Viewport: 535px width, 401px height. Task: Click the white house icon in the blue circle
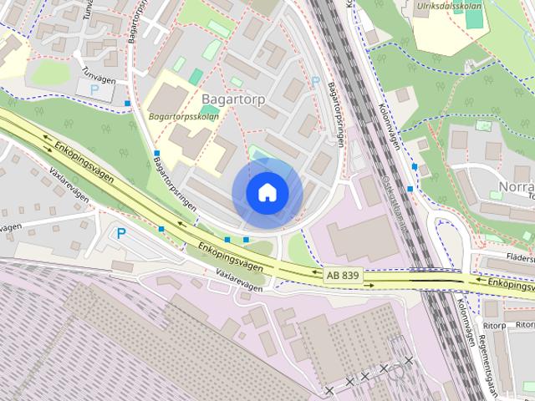pyautogui.click(x=267, y=193)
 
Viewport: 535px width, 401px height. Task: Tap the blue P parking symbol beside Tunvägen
pyautogui.click(x=94, y=88)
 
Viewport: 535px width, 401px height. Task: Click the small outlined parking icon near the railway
pyautogui.click(x=316, y=81)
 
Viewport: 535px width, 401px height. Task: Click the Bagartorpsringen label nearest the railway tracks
pyautogui.click(x=336, y=113)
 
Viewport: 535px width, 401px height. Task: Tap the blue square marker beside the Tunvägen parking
pyautogui.click(x=128, y=104)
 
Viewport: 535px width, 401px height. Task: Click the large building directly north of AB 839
pyautogui.click(x=362, y=237)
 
